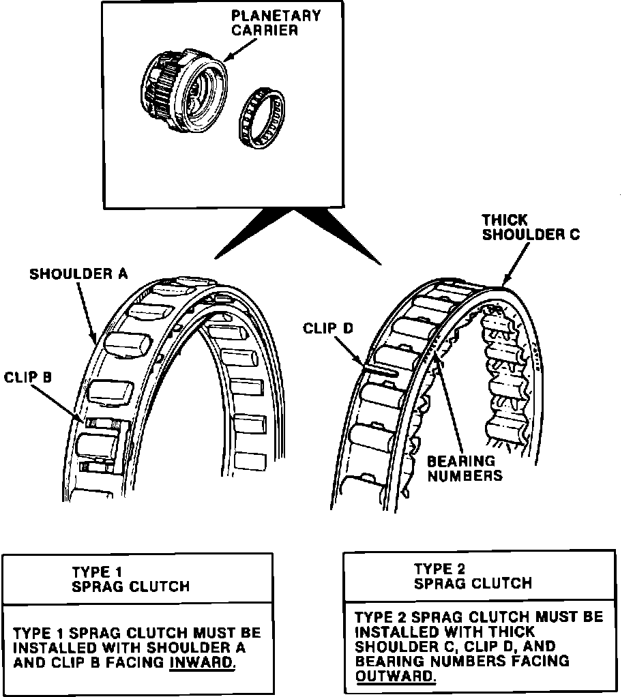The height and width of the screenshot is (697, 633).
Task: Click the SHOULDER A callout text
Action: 78,274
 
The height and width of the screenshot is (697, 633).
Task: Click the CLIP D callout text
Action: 329,329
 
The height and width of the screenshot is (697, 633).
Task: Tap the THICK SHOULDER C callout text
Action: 531,227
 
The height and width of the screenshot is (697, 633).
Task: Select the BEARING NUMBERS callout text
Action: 465,468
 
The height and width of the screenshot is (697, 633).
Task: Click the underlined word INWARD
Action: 201,662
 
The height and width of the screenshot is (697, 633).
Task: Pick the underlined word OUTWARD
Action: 395,676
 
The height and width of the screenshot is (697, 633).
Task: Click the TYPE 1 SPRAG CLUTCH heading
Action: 130,579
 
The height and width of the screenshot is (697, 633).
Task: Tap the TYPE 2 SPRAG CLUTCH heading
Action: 473,576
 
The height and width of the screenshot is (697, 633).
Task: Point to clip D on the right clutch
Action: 385,370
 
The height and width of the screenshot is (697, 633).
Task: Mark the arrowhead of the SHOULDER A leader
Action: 95,339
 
